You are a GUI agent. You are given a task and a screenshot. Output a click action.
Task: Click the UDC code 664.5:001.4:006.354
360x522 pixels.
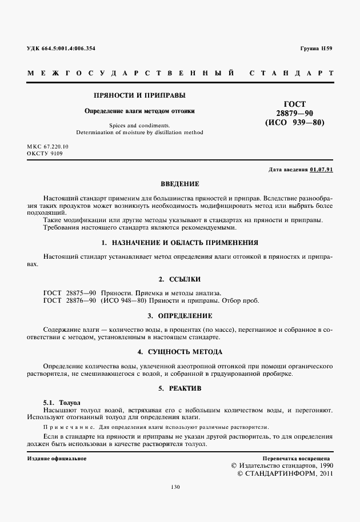[x=69, y=49]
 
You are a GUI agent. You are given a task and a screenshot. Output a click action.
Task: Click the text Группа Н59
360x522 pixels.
[x=316, y=49]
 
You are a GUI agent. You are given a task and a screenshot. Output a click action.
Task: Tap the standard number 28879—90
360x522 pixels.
[x=294, y=113]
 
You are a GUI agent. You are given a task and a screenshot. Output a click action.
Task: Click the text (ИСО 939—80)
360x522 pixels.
[x=294, y=122]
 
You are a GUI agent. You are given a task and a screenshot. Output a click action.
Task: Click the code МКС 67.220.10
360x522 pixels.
[x=47, y=147]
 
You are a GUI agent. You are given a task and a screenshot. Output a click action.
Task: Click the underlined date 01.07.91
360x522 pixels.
[x=322, y=170]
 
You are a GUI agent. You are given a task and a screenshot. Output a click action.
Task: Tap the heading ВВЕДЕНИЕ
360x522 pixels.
[x=179, y=184]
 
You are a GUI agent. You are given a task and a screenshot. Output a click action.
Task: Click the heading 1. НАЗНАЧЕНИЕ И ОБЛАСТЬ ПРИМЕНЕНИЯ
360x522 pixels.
[x=179, y=242]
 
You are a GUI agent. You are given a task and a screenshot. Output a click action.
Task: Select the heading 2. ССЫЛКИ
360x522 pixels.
[x=179, y=279]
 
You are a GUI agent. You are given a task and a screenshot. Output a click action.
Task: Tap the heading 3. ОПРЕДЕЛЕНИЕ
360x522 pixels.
[x=179, y=315]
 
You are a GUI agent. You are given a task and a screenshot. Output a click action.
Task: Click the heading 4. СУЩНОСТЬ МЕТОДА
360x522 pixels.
[x=179, y=351]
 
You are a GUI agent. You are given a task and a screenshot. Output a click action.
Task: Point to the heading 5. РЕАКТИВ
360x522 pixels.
[x=179, y=388]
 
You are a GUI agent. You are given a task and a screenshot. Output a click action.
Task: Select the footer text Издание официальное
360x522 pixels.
[x=57, y=459]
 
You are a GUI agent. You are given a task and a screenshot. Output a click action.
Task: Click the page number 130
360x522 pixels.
[x=175, y=487]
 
